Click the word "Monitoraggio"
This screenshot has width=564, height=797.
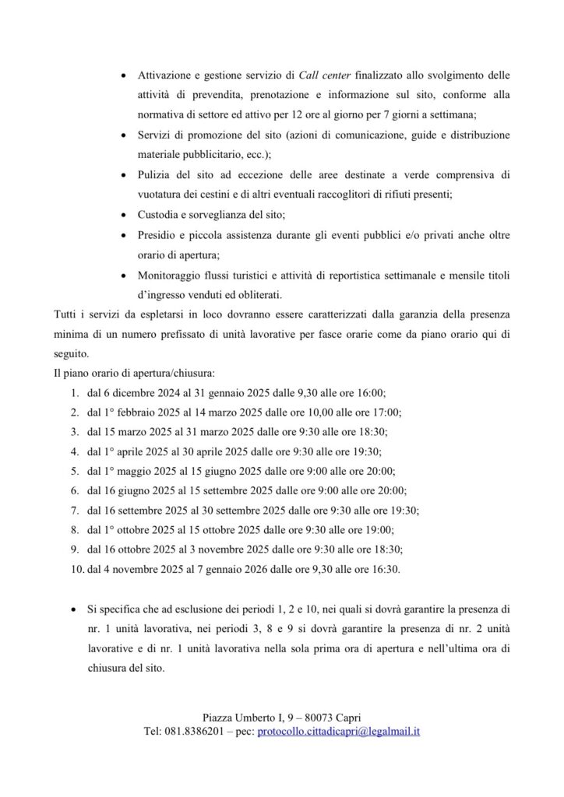(172, 275)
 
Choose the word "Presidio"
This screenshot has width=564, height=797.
(157, 233)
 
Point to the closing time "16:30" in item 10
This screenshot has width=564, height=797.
(385, 570)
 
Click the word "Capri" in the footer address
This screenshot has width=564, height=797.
(346, 717)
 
